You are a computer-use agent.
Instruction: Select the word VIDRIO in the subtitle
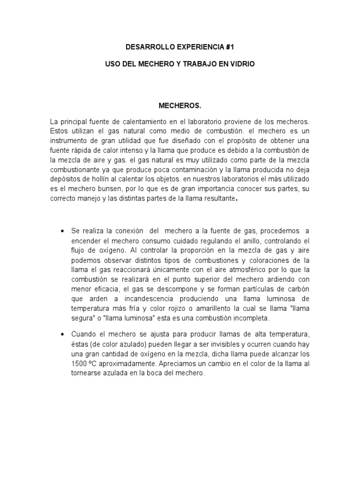(243, 63)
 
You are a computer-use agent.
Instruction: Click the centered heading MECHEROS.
(180, 106)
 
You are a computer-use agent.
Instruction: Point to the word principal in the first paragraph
(72, 122)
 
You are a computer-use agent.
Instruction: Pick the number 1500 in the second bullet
(80, 363)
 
